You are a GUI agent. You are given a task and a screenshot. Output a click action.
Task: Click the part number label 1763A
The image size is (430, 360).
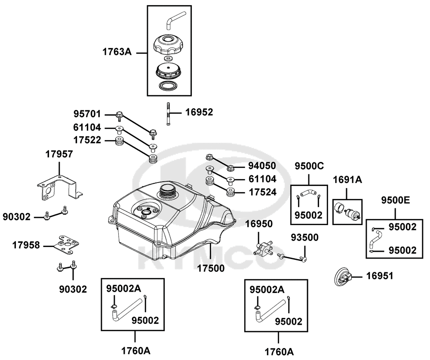[116, 52]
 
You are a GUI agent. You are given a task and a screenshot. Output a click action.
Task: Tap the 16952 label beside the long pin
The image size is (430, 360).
[199, 113]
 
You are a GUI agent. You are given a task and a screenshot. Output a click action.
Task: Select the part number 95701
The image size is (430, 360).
[87, 115]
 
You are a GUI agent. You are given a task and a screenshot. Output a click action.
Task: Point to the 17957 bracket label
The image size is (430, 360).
[59, 153]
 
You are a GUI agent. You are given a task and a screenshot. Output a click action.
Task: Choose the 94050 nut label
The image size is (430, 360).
[262, 166]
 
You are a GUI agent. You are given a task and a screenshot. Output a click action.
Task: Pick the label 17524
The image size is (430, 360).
[262, 192]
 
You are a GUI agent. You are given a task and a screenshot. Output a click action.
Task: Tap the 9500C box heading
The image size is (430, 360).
[308, 166]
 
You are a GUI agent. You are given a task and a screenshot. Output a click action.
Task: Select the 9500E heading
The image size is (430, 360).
[396, 200]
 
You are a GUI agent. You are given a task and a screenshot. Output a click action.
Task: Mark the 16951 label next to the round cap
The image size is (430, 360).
[381, 275]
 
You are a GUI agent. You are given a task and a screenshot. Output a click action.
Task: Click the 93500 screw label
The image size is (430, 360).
[304, 238]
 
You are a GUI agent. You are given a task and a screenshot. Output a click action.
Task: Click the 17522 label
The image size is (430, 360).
[87, 140]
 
